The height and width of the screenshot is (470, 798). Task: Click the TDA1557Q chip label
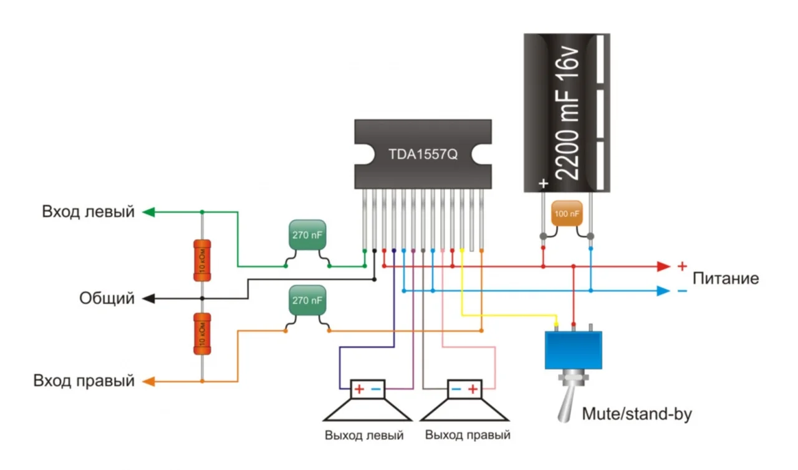tap(423, 154)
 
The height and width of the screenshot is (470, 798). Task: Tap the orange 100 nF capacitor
tap(567, 214)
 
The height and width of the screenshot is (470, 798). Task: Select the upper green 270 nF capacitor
tap(307, 236)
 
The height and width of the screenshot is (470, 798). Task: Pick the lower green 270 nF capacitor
tap(307, 300)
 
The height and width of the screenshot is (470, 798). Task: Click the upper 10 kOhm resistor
tap(202, 260)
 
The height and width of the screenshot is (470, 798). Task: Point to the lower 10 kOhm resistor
tap(202, 333)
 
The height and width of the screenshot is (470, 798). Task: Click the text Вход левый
tap(88, 212)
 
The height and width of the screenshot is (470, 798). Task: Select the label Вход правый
tap(84, 380)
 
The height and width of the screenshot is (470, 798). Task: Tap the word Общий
tap(107, 299)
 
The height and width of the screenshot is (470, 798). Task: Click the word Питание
tap(726, 278)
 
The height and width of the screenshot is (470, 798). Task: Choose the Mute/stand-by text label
tap(637, 414)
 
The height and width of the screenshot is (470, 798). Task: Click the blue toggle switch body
tap(574, 350)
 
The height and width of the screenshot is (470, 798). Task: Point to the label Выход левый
tap(364, 435)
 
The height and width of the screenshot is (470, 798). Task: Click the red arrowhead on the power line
tap(663, 267)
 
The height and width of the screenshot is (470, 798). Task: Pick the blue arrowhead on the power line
tap(663, 291)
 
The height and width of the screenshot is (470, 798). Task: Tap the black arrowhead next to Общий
tap(148, 299)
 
